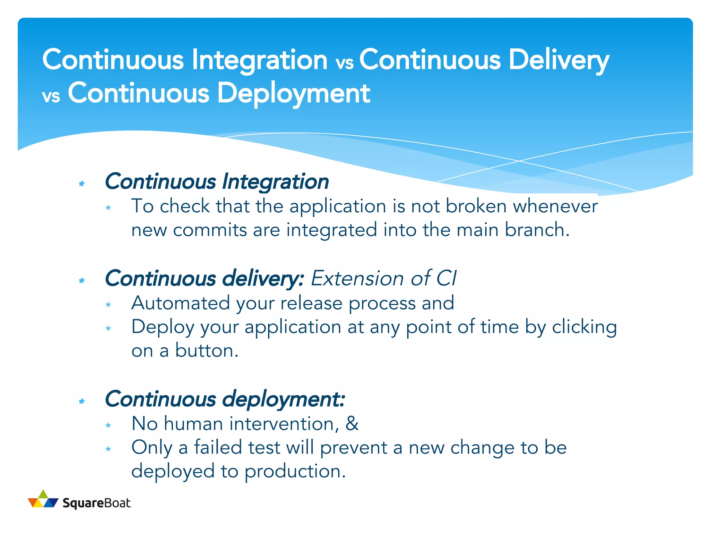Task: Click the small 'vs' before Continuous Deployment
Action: coord(51,96)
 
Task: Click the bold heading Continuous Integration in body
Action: coord(217,181)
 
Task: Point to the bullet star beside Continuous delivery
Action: coord(82,280)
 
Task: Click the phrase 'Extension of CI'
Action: coord(383,278)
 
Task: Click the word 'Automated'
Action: coord(180,303)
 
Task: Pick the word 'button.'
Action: coord(207,350)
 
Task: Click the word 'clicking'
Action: coord(584,327)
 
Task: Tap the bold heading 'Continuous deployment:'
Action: coord(225,399)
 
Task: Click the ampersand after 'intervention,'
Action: coord(352,423)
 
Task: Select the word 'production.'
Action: coord(295,471)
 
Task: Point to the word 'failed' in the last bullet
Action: coord(218,447)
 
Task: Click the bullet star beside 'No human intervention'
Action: coord(108,425)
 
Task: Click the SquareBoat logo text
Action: coord(96,503)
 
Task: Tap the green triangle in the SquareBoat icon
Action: coord(43,494)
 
